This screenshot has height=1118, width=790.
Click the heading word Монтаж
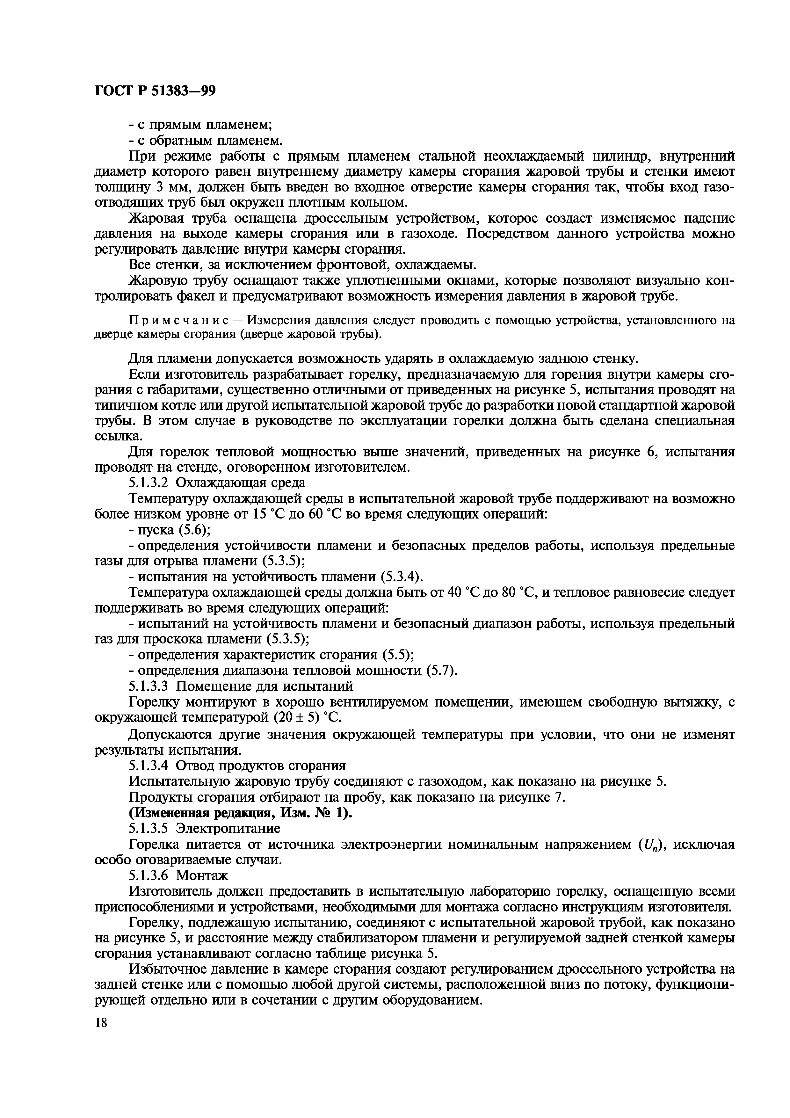coord(201,875)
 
